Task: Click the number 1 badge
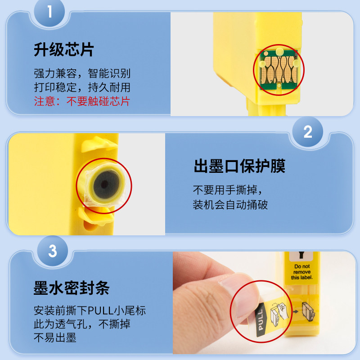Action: [49, 12]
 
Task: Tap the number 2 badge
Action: [308, 131]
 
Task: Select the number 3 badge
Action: [53, 251]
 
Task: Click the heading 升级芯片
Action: [64, 49]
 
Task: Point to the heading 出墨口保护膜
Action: [239, 166]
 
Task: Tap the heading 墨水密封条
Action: [72, 288]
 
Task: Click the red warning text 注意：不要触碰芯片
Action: [82, 101]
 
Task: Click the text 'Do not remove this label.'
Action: [302, 272]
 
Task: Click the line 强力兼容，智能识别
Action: [82, 73]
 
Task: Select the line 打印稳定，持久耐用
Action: [82, 87]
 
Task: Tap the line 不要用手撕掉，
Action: [227, 190]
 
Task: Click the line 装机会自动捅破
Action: [230, 205]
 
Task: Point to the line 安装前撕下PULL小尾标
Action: [90, 310]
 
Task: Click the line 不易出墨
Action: [55, 338]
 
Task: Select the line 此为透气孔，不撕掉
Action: [82, 324]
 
